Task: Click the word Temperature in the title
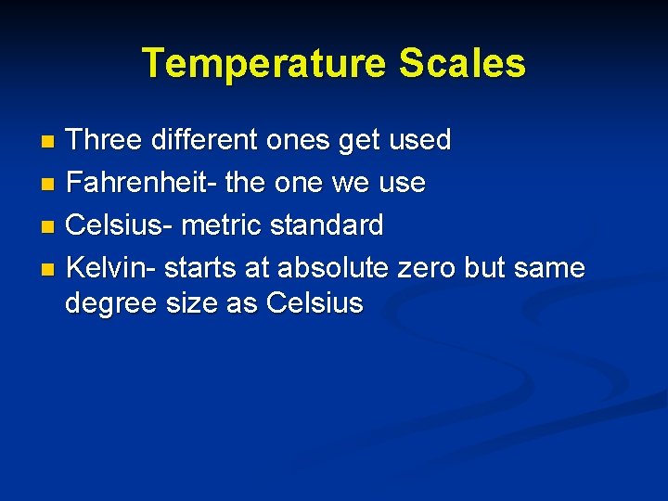(x=263, y=64)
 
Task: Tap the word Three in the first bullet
(x=101, y=141)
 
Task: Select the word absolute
(x=333, y=268)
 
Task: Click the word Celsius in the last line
(x=315, y=303)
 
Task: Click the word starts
(x=203, y=268)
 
